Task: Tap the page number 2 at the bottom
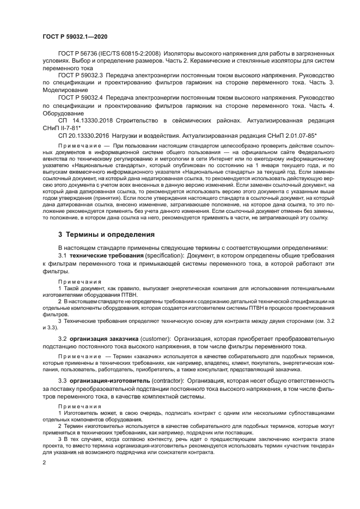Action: [x=44, y=462]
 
